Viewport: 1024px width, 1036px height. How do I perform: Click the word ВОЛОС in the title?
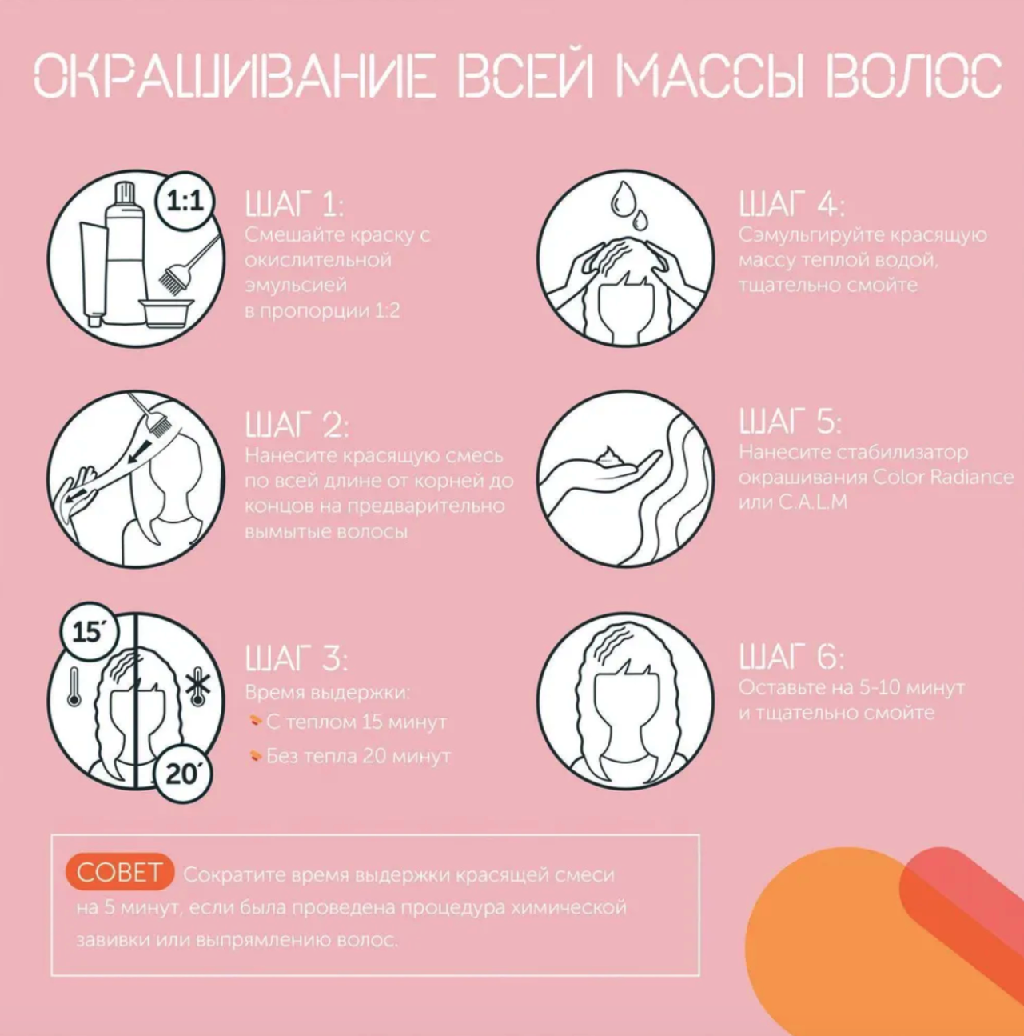coord(914,76)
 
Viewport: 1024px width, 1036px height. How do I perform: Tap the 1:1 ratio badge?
coord(185,202)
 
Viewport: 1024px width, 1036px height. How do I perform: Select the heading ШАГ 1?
coord(294,204)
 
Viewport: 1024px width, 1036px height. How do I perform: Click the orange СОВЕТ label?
coord(119,872)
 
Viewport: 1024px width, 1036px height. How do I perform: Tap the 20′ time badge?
coord(182,774)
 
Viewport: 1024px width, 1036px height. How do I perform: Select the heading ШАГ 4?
coord(791,204)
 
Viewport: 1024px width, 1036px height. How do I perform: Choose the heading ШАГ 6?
coord(791,656)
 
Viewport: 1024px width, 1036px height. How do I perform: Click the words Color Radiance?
coord(943,477)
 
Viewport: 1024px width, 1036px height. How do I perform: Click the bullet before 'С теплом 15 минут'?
coord(256,721)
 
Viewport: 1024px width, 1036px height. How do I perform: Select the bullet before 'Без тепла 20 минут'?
coord(256,756)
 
